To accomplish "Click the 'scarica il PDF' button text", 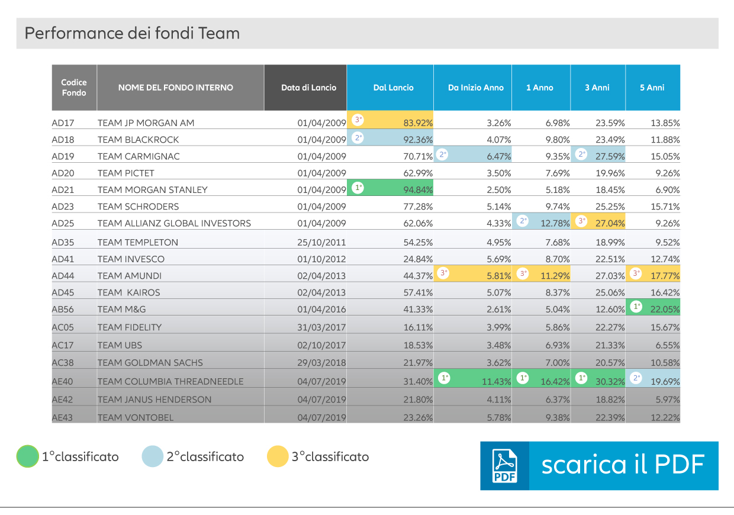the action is pos(623,465).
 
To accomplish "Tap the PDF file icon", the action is pos(504,466).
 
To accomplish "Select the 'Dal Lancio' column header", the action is pos(393,88).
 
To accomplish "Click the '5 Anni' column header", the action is pos(652,88).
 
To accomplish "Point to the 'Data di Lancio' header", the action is pos(308,88).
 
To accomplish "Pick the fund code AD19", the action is pos(63,156).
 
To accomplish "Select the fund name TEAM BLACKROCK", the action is pos(138,140).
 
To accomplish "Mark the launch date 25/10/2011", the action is pos(321,243).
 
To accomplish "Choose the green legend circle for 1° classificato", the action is pos(27,456).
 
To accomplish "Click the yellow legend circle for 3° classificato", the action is pos(278,456).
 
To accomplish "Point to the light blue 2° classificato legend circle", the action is pos(152,456).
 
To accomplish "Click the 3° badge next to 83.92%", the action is pos(358,120).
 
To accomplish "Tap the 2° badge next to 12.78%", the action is pos(523,221).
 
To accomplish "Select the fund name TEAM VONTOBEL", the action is pos(136,418).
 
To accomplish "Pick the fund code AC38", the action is pos(63,363).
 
